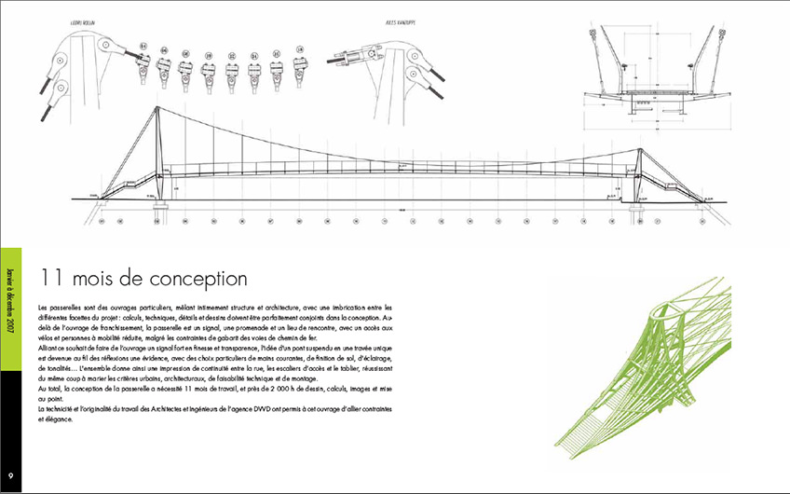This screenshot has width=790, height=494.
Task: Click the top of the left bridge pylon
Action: [157, 113]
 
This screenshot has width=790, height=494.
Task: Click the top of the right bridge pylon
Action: [640, 150]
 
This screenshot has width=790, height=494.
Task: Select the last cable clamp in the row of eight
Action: [300, 63]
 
